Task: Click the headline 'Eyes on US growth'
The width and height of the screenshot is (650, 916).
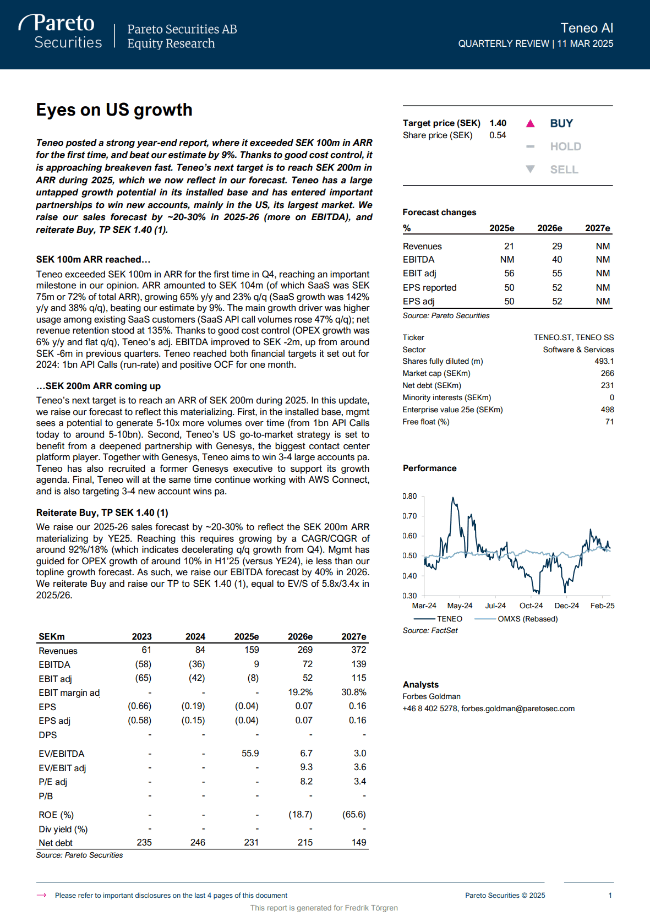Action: (114, 110)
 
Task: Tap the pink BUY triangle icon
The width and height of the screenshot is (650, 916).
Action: (530, 123)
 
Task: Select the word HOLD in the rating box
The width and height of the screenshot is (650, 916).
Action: (565, 146)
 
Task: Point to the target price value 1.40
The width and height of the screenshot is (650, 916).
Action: (498, 123)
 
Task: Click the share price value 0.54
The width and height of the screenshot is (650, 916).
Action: (498, 135)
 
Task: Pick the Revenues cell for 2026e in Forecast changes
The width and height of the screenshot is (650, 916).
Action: (557, 246)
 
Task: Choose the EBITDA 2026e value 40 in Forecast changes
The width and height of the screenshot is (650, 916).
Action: (557, 260)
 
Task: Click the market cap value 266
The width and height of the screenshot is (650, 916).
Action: (607, 373)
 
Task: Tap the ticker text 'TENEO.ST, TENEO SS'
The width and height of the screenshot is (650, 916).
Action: (573, 337)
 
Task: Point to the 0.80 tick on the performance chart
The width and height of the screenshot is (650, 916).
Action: (409, 496)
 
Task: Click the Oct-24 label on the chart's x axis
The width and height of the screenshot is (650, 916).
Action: (531, 606)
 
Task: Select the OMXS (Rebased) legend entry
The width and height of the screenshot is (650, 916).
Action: (527, 619)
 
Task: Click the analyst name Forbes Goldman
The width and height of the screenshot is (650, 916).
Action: (431, 696)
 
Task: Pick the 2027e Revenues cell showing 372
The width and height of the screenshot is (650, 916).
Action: (358, 650)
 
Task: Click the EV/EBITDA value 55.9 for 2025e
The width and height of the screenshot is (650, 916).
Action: (250, 753)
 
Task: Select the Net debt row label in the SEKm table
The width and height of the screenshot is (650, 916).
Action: (56, 843)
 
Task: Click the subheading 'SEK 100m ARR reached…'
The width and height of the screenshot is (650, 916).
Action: (93, 259)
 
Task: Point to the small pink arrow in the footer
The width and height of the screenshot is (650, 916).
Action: (41, 895)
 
